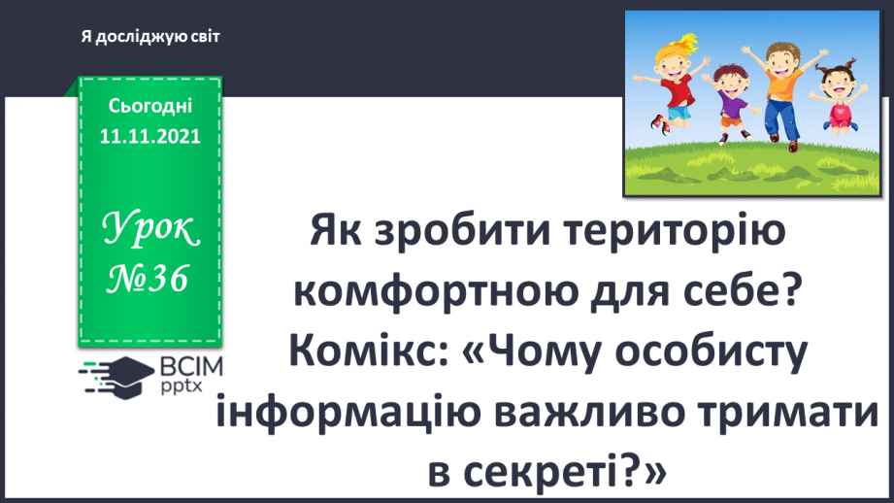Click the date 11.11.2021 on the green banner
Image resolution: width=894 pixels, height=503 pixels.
pos(149,137)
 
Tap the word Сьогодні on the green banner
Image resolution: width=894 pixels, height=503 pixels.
pos(149,107)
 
